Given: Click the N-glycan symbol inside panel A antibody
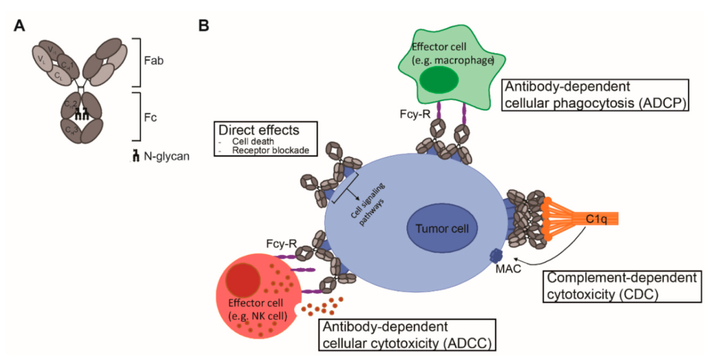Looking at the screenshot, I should [83, 114].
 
